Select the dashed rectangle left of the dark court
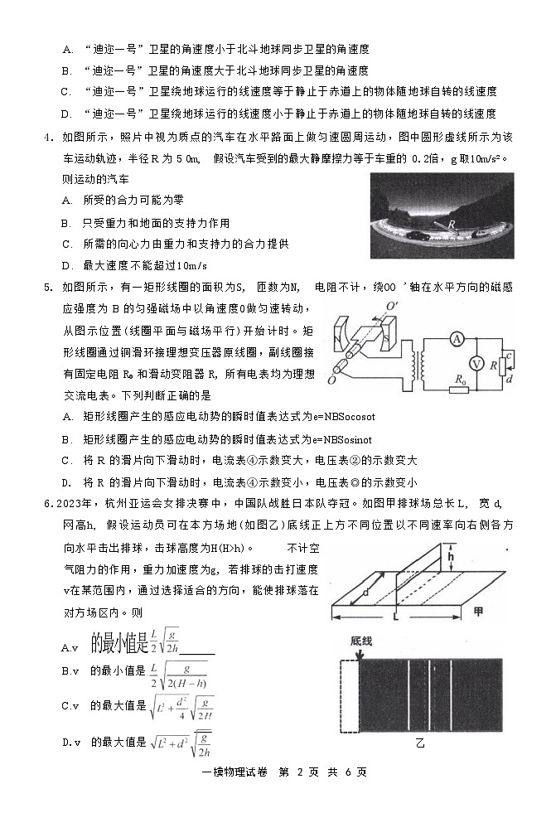click(351, 695)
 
